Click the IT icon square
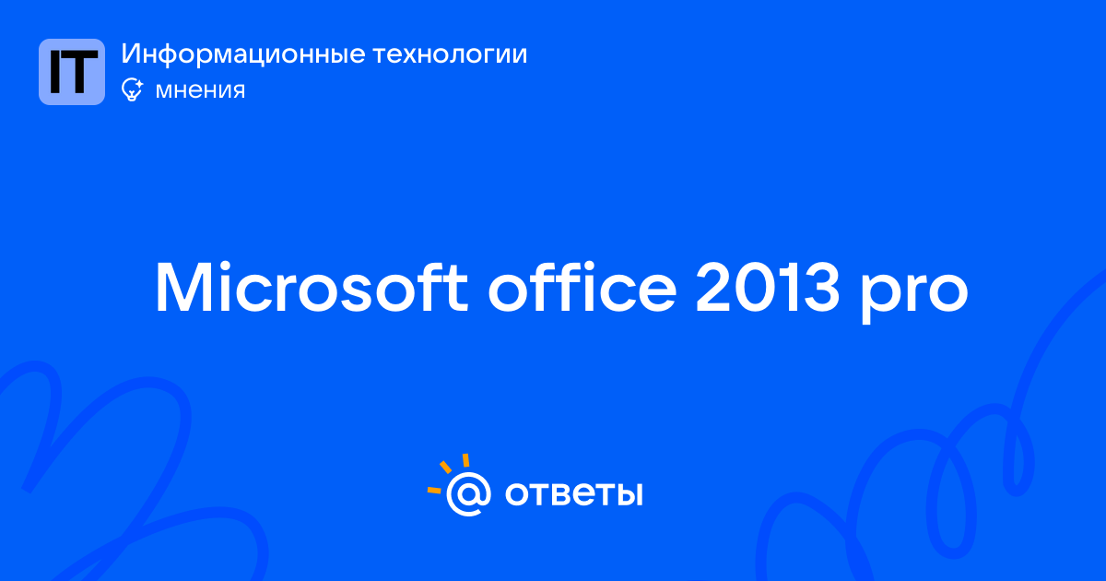[x=72, y=72]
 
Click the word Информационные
[x=243, y=54]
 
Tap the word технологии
[x=450, y=54]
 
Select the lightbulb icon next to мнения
[x=132, y=89]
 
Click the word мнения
[x=200, y=90]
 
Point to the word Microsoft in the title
[x=312, y=288]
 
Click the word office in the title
[x=582, y=287]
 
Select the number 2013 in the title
[x=767, y=288]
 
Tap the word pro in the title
[x=914, y=294]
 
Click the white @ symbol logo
[x=468, y=493]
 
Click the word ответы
[x=573, y=494]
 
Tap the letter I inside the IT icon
[x=55, y=72]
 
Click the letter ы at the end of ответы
[x=628, y=494]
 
